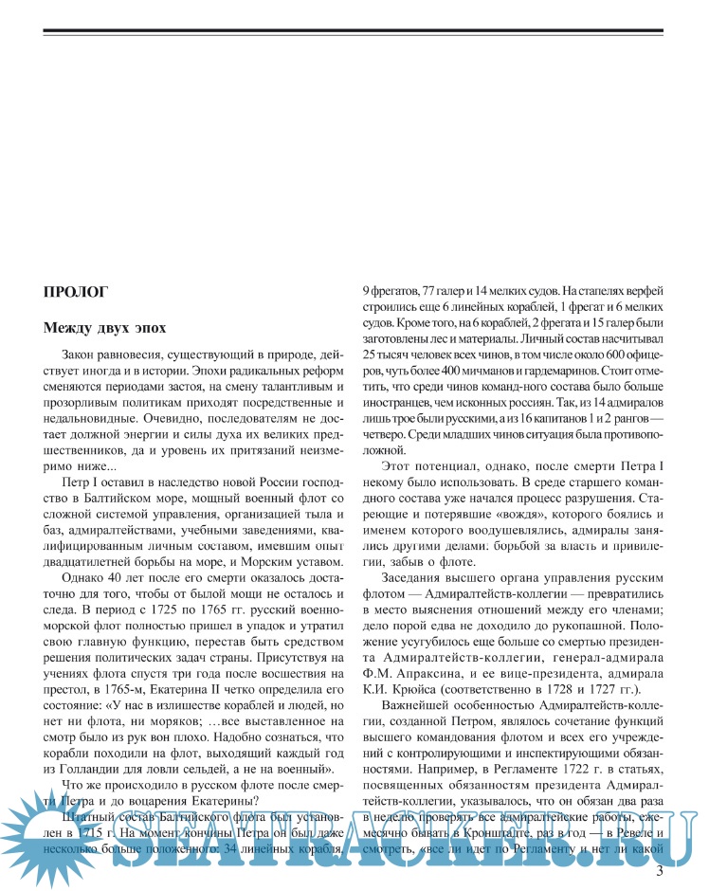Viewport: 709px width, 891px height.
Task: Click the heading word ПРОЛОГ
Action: (x=76, y=292)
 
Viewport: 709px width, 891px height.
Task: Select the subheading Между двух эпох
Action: (x=104, y=328)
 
